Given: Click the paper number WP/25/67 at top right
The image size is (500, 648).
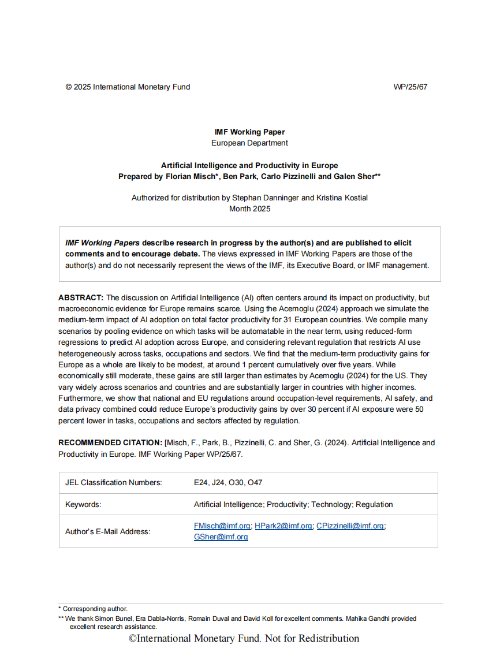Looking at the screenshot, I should coord(410,87).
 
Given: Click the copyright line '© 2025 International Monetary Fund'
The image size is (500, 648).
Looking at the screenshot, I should coord(128,87).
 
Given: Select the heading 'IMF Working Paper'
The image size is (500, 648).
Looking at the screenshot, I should coord(249,132).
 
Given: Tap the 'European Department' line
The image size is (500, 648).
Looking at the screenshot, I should coord(249,143).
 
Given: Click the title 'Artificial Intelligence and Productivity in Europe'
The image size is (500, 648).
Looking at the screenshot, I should coord(249,166).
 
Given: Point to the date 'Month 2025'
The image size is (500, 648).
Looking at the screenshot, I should coord(249,208).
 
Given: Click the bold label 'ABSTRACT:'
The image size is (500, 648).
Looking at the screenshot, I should coord(81,298).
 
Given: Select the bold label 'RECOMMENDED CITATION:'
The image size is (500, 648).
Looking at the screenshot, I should coord(110,443).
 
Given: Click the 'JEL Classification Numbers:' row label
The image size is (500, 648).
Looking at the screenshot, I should coord(114,483).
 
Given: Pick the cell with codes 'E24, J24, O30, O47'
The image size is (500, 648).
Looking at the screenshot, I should coord(228,483).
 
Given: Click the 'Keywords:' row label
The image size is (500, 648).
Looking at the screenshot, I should coord(83,505).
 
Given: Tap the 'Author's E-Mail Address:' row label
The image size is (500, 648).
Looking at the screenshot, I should coord(107,531).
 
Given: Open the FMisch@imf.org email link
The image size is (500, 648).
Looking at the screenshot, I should coord(222,526).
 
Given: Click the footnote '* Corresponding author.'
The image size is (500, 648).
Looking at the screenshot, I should coord(93,609).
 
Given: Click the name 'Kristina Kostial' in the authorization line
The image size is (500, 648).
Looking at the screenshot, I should coord(341,198).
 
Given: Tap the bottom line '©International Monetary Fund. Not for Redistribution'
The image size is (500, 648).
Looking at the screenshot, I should coord(244,638).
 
